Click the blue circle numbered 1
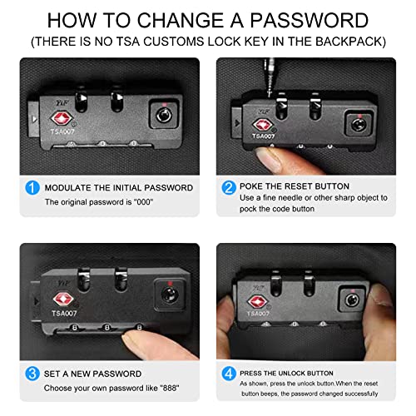pos(32,188)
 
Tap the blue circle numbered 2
pos(229,187)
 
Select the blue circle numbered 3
pos(32,374)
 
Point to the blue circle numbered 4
pos(229,374)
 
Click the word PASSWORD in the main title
pos(310,20)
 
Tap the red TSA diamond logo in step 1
pos(62,118)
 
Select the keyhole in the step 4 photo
pos(352,300)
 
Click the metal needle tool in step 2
pos(270,77)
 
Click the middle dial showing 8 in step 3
pos(107,328)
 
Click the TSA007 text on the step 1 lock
pos(62,131)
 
